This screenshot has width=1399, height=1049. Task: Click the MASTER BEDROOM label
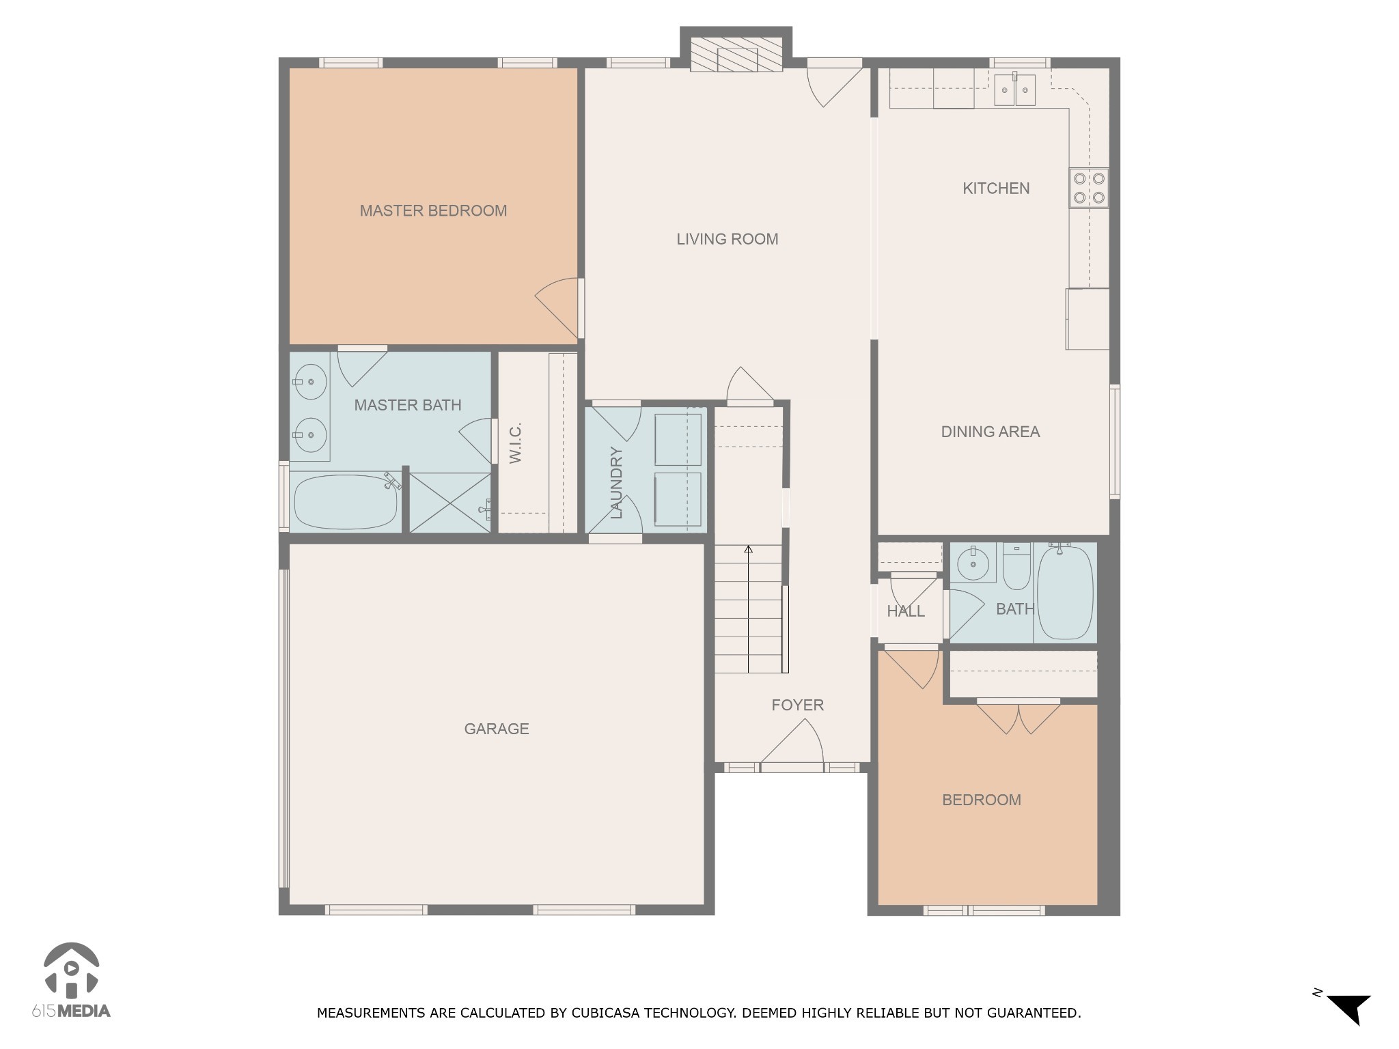pos(433,211)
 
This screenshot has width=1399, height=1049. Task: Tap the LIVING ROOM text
pos(727,239)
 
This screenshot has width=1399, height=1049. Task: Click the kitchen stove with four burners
pos(1089,188)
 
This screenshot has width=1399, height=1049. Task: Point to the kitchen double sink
pos(1014,89)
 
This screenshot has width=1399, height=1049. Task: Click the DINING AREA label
pos(990,432)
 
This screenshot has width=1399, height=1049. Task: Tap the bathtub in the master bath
pos(345,502)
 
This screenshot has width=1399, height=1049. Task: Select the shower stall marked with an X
pos(449,502)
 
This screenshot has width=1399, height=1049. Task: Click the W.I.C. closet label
pos(516,443)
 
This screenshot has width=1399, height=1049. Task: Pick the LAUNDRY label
pos(616,483)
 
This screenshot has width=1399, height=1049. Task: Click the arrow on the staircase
pos(748,549)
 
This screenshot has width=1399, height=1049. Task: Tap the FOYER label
pos(797,705)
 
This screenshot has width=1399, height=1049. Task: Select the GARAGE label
pos(496,729)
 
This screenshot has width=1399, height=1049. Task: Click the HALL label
pos(906,611)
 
